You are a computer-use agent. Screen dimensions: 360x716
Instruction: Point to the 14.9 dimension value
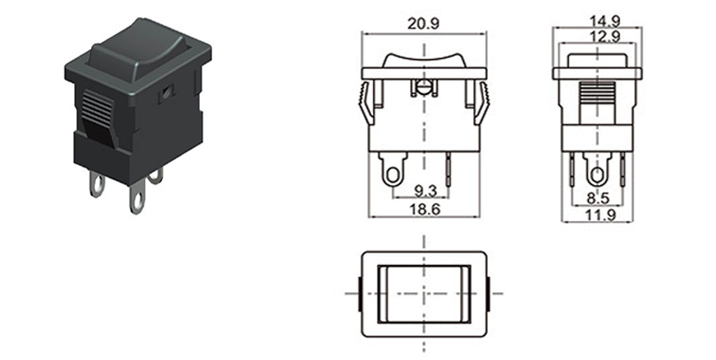tap(596, 17)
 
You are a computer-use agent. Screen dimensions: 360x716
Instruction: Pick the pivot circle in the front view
tap(422, 89)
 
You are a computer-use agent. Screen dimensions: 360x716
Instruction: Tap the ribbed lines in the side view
tap(597, 94)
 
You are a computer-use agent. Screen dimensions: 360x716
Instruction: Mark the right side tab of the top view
tap(493, 293)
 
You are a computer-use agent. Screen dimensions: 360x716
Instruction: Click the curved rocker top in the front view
tap(422, 59)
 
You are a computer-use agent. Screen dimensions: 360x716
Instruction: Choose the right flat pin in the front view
tap(451, 170)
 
